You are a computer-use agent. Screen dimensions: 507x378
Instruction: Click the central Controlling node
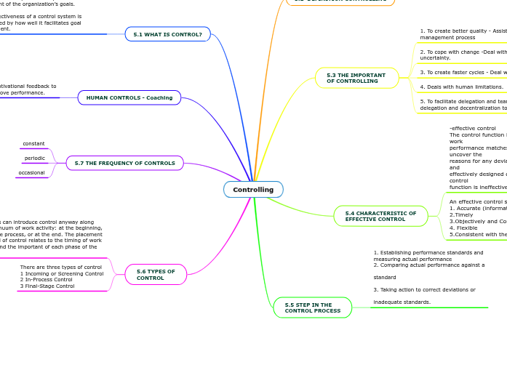tap(253, 190)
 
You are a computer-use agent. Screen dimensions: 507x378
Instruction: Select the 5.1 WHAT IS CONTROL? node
tap(167, 34)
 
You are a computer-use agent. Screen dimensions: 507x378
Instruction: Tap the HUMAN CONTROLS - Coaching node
tap(129, 97)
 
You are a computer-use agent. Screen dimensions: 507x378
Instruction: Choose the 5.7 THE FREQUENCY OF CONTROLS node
tap(124, 163)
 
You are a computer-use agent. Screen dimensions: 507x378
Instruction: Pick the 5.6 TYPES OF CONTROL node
tap(156, 274)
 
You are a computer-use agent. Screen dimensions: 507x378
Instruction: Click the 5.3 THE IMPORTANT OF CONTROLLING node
tap(356, 78)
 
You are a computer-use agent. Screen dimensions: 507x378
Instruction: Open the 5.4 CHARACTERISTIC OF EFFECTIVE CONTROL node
tap(380, 216)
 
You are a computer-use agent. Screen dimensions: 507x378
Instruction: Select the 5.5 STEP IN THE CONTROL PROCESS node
tap(312, 307)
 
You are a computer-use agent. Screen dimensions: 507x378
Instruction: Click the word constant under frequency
tap(33, 144)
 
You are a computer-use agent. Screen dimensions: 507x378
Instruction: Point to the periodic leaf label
tap(34, 158)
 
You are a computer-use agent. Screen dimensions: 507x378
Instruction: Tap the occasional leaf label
tap(31, 173)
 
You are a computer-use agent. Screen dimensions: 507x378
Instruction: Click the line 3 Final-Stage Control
tap(47, 286)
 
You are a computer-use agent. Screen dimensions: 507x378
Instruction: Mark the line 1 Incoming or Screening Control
tap(62, 273)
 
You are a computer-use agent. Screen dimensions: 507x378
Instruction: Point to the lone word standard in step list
tap(385, 277)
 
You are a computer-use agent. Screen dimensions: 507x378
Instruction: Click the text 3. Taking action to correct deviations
tap(424, 289)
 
